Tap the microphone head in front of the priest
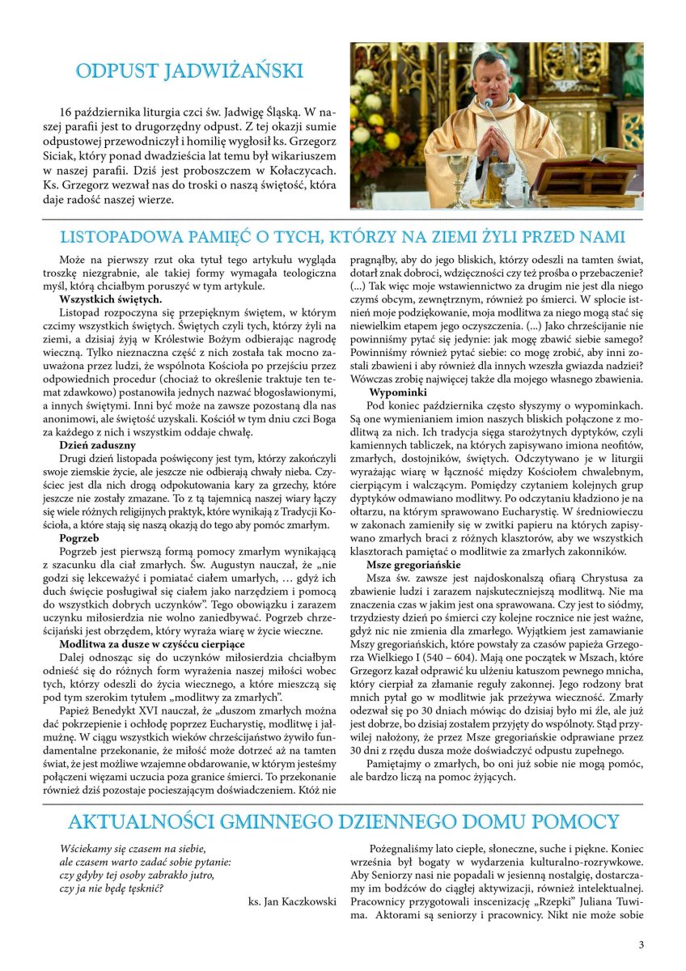coord(488,104)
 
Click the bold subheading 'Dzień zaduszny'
coord(97,445)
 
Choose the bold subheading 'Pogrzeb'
coord(80,536)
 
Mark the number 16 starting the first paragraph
coord(67,111)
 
